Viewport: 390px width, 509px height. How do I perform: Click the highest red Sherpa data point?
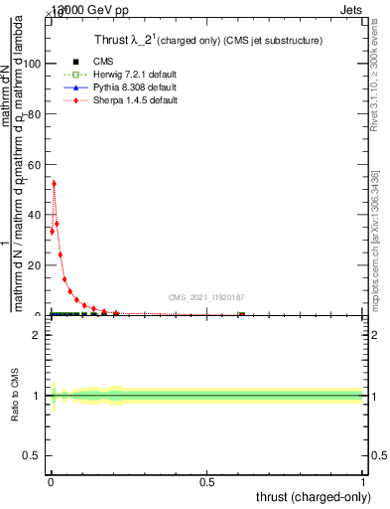[54, 183]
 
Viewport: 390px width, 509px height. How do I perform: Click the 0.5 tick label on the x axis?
[206, 484]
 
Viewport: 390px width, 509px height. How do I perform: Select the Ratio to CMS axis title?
[15, 396]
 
